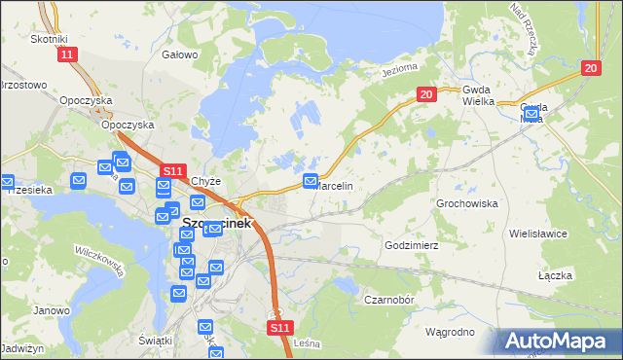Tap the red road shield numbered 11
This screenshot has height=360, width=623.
pos(66,55)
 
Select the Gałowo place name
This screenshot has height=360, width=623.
pos(180,55)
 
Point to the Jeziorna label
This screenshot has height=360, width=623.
pos(399,71)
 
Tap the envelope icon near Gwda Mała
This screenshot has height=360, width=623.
pos(531,115)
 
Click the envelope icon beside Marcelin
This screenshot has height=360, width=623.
pos(311,181)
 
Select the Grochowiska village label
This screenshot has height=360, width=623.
pos(467,204)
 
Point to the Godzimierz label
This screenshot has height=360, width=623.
pos(413,246)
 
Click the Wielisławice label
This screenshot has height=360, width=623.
pos(564,234)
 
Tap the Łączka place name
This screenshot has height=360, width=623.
pos(554,276)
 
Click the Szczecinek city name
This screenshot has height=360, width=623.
pos(216,223)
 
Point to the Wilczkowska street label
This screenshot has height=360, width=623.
pos(101,262)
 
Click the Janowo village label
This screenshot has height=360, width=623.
pos(51,311)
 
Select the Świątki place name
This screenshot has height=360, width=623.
pos(156,340)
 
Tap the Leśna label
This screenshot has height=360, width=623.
pos(307,343)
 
